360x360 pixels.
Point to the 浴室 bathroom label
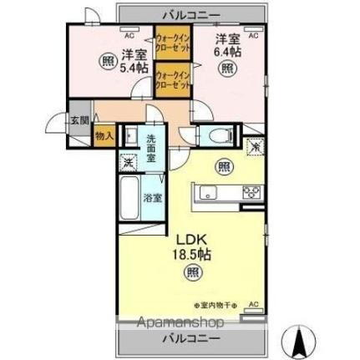coord(152,198)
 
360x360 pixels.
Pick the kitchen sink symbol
coord(206,194)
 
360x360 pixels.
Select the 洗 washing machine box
coord(129,162)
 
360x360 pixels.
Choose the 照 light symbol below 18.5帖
coord(193,271)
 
